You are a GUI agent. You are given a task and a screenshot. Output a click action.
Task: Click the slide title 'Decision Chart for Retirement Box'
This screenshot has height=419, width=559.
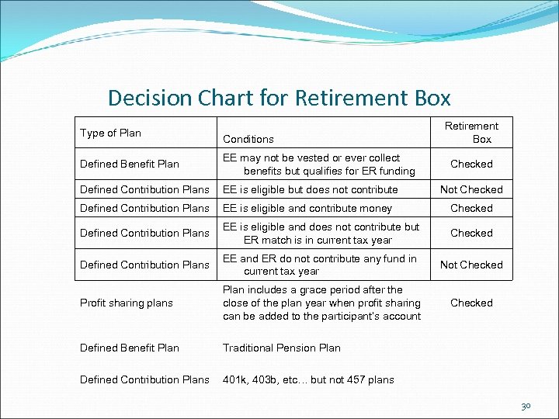(x=279, y=98)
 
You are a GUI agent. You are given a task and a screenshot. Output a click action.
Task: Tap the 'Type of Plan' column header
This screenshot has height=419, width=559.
(x=110, y=133)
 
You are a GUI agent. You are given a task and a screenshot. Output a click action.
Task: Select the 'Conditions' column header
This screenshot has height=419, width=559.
(x=248, y=139)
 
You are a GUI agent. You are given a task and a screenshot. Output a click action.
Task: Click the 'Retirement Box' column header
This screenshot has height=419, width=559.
(x=471, y=132)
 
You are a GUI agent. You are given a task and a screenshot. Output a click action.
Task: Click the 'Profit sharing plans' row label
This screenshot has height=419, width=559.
(x=126, y=303)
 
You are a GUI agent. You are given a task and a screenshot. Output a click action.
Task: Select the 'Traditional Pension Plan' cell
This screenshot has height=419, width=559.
(x=281, y=348)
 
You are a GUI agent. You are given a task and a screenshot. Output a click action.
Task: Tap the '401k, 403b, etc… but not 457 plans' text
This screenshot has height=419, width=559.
(x=308, y=379)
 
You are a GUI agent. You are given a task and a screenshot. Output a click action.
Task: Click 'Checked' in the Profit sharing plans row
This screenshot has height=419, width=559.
(x=471, y=303)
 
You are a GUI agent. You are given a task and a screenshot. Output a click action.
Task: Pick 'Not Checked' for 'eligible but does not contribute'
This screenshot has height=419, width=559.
(x=471, y=189)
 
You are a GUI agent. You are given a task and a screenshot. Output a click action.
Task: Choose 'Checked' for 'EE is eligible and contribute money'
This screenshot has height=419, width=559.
(x=471, y=208)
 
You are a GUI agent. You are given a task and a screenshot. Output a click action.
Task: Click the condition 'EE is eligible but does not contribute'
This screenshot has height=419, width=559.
(x=310, y=189)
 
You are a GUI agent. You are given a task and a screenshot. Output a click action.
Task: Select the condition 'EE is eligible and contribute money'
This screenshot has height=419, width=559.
(x=307, y=208)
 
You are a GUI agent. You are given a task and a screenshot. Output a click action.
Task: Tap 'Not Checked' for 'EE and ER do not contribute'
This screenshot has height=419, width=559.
(x=471, y=265)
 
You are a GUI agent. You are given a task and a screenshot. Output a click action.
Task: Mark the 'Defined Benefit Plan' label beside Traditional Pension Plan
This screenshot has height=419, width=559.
(x=129, y=348)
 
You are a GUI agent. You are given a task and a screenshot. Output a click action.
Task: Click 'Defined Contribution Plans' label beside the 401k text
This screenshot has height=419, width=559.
(x=144, y=379)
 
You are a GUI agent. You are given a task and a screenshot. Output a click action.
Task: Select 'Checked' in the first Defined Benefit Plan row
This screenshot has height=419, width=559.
(x=471, y=164)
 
